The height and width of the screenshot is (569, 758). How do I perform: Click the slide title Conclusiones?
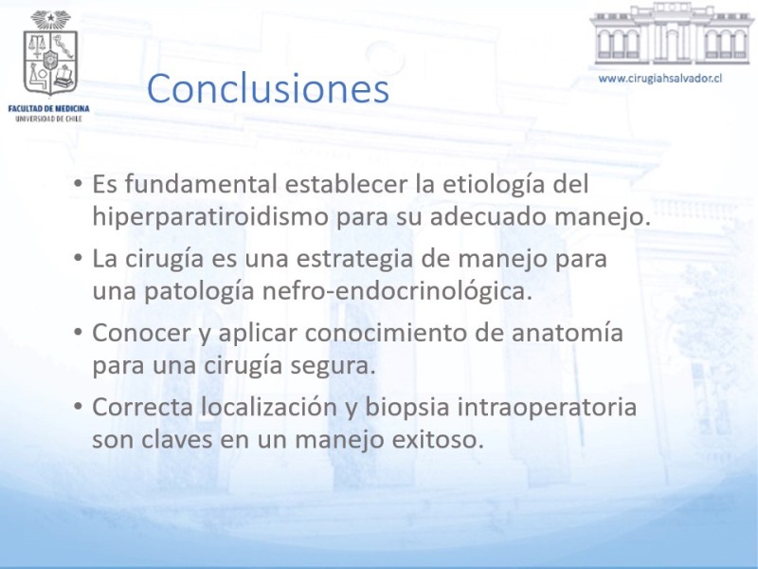268,88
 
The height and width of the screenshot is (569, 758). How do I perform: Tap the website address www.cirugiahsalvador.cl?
660,79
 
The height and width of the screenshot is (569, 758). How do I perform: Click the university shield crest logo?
50,53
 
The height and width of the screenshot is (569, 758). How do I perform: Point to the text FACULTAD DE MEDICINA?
49,108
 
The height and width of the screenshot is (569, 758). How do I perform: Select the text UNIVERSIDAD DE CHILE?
49,119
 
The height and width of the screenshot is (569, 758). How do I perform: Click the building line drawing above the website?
672,34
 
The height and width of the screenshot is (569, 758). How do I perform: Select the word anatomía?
568,333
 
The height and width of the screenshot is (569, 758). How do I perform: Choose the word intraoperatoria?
547,408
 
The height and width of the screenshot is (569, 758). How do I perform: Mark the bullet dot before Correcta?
78,407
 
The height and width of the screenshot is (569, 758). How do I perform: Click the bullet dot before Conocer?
78,333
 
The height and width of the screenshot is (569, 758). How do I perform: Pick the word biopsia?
407,408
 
